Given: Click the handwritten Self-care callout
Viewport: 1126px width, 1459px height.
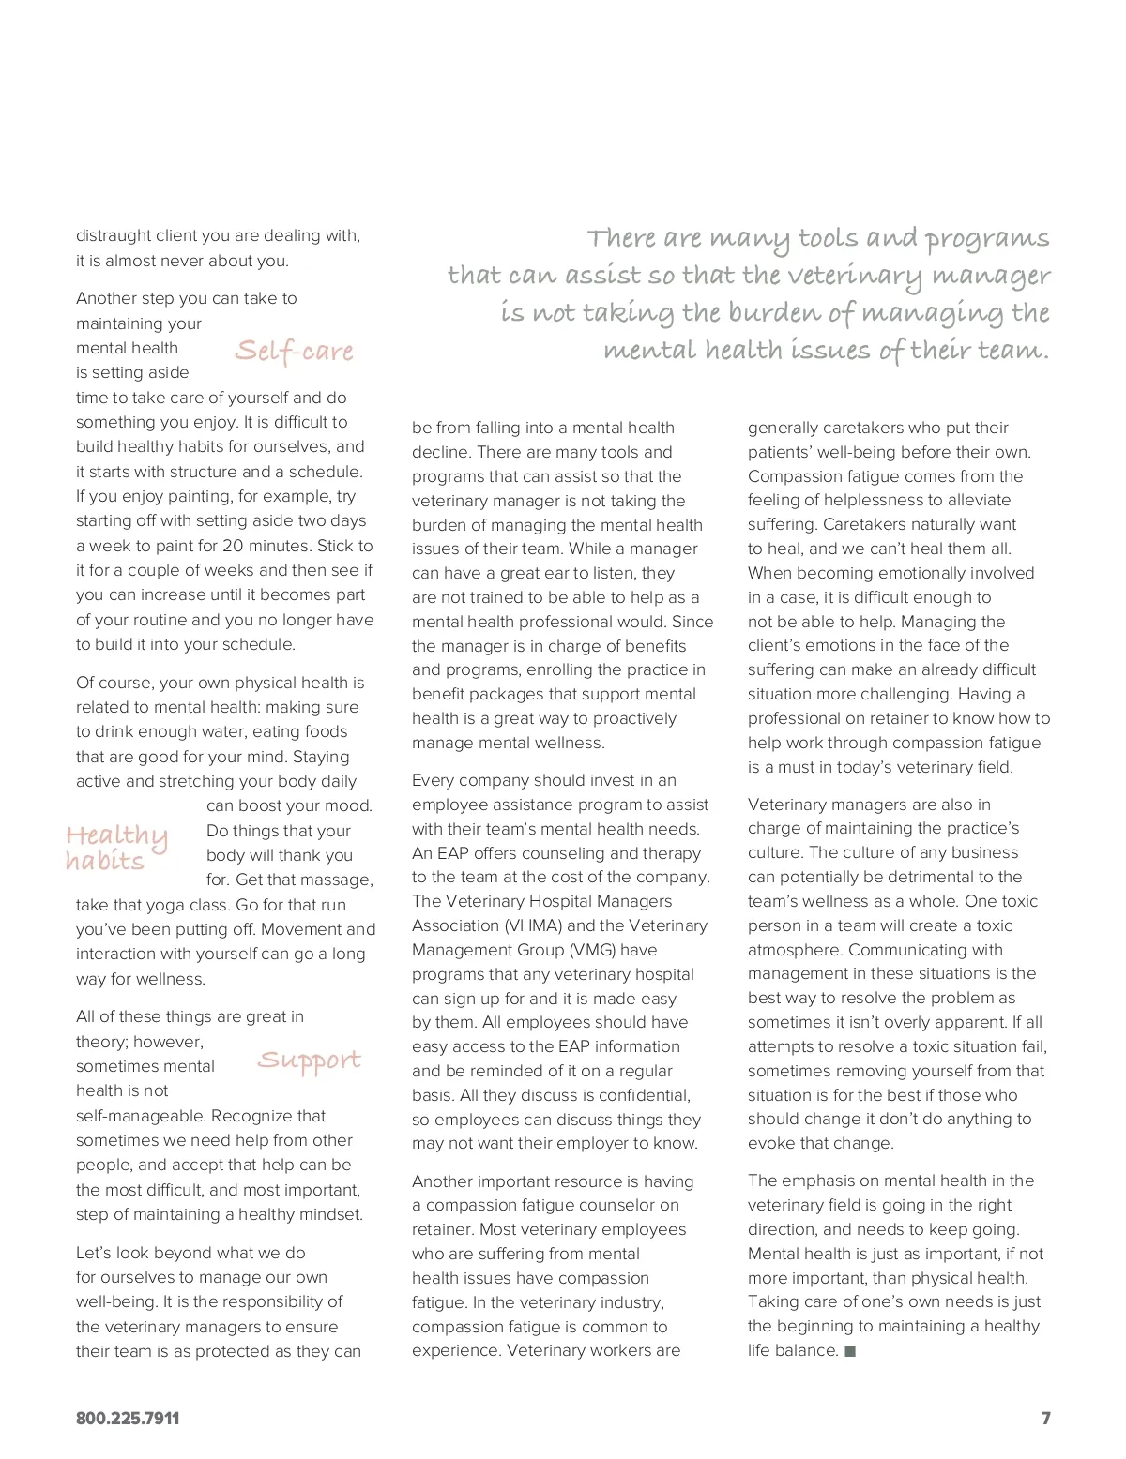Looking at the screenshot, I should coord(295,351).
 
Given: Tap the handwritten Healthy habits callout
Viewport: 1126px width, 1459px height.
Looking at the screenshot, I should coord(116,848).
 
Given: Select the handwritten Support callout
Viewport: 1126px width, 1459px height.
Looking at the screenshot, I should coord(309,1060).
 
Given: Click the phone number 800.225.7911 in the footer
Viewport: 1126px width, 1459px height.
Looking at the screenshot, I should coord(128,1419).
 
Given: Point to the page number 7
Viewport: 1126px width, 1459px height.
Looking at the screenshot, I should coord(1045,1419).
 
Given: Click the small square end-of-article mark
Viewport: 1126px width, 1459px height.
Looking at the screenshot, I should coord(850,1351).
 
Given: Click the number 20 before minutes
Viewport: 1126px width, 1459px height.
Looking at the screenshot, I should coord(233,546).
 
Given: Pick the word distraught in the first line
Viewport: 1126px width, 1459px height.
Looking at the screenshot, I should coord(114,235).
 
